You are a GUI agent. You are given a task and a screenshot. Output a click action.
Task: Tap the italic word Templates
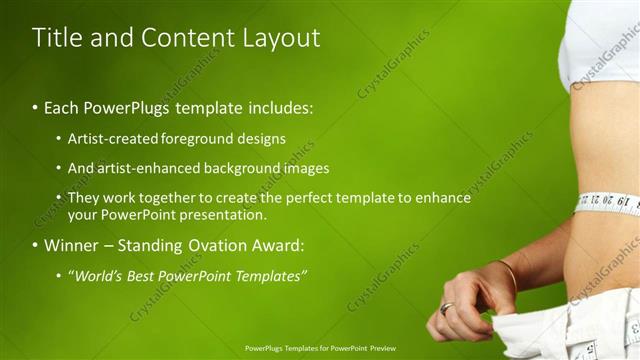270,275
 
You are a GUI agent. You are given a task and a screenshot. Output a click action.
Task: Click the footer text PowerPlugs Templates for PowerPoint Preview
319,350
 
